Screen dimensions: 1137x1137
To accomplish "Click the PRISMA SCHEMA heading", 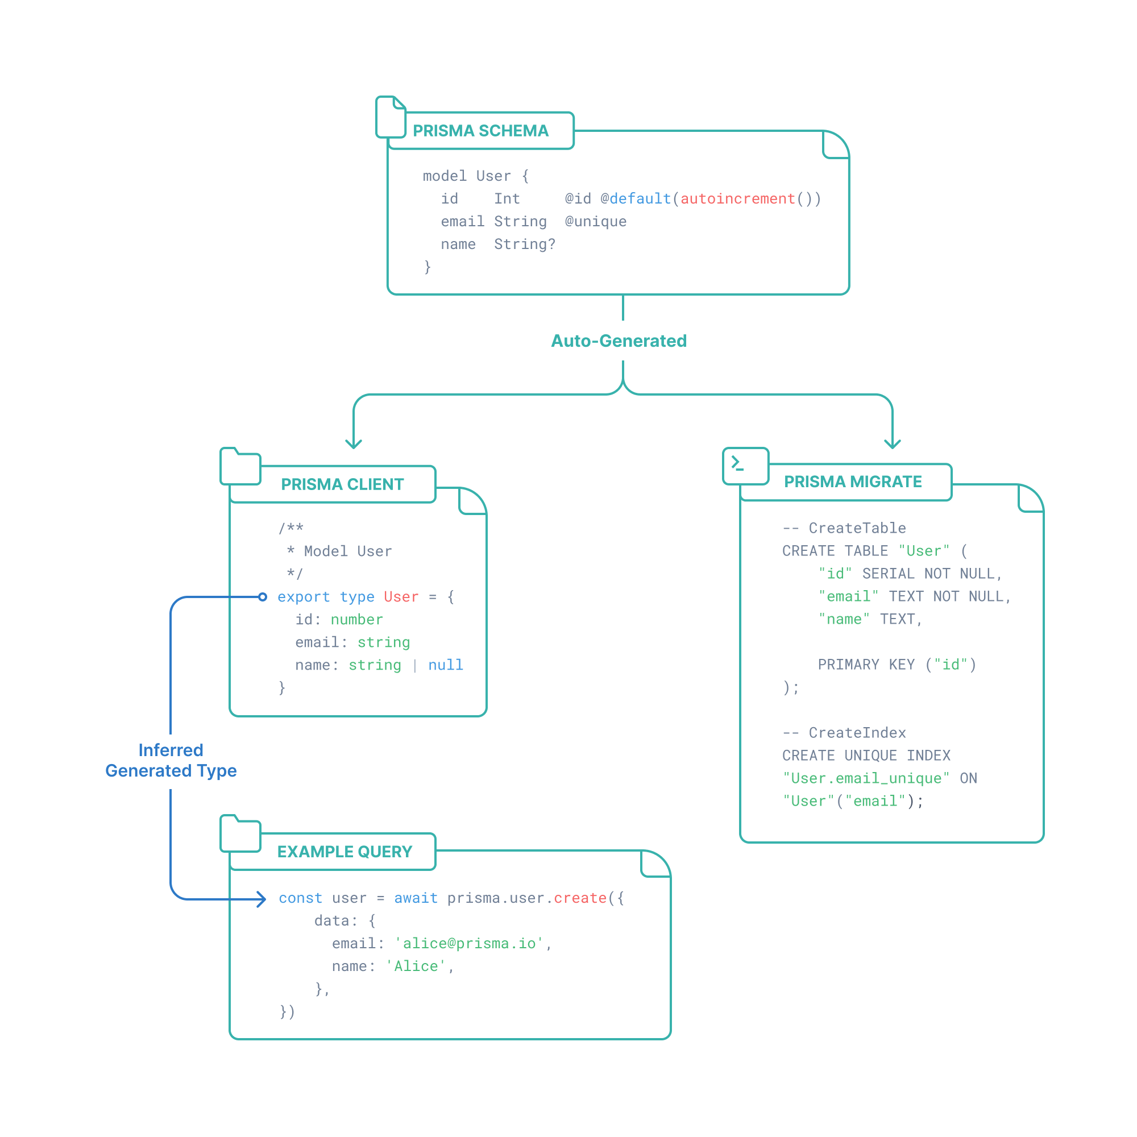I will [x=480, y=131].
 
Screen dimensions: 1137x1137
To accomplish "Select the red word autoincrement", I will [x=737, y=199].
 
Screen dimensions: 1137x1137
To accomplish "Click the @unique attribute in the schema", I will [x=596, y=222].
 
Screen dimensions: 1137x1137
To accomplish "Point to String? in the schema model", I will [x=524, y=244].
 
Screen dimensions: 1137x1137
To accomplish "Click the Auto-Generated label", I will [x=619, y=341].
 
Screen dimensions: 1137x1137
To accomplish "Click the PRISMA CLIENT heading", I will [x=342, y=484].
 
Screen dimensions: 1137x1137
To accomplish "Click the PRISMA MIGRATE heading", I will [x=853, y=482].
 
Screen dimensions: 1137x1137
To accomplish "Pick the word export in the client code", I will [x=304, y=597].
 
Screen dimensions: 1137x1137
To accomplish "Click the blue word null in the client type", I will [x=446, y=665].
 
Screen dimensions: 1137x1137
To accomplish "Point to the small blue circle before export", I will [x=263, y=597].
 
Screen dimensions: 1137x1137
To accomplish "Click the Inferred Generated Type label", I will [x=171, y=760].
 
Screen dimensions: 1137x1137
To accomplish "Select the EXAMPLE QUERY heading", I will [x=345, y=852].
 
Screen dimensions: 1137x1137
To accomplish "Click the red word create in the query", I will [x=580, y=898].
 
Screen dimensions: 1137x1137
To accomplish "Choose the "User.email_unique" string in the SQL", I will [x=866, y=779].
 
